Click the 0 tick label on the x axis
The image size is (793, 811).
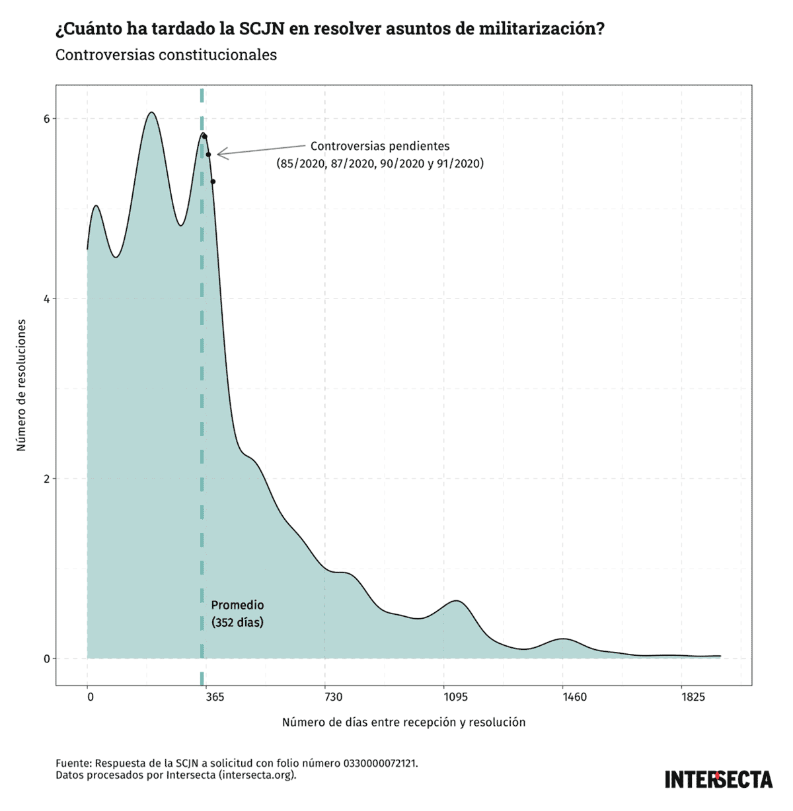click(89, 698)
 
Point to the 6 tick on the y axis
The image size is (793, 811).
click(46, 119)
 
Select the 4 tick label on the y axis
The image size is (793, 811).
click(46, 299)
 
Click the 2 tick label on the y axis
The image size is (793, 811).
click(46, 479)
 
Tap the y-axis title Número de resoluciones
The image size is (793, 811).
click(22, 385)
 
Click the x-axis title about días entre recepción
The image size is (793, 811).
click(404, 723)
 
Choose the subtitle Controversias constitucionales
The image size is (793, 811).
click(166, 55)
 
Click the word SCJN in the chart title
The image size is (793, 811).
click(267, 29)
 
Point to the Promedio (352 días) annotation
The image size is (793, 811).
click(237, 614)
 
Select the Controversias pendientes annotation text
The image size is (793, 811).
click(380, 155)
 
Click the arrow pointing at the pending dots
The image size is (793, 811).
click(261, 150)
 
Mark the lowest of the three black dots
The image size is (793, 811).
click(213, 182)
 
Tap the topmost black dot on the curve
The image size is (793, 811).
click(205, 137)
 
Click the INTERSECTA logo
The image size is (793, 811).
click(718, 779)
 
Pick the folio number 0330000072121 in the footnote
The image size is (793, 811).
click(380, 763)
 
